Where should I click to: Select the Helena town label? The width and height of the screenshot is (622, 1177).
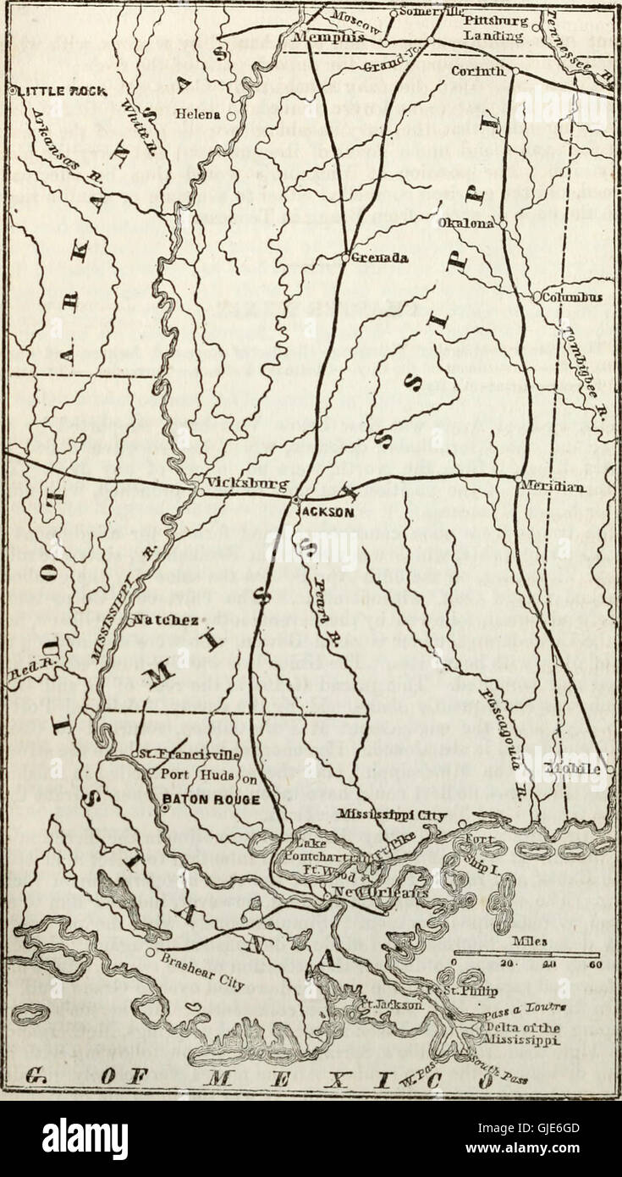click(199, 113)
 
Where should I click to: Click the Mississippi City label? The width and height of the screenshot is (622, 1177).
click(397, 814)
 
